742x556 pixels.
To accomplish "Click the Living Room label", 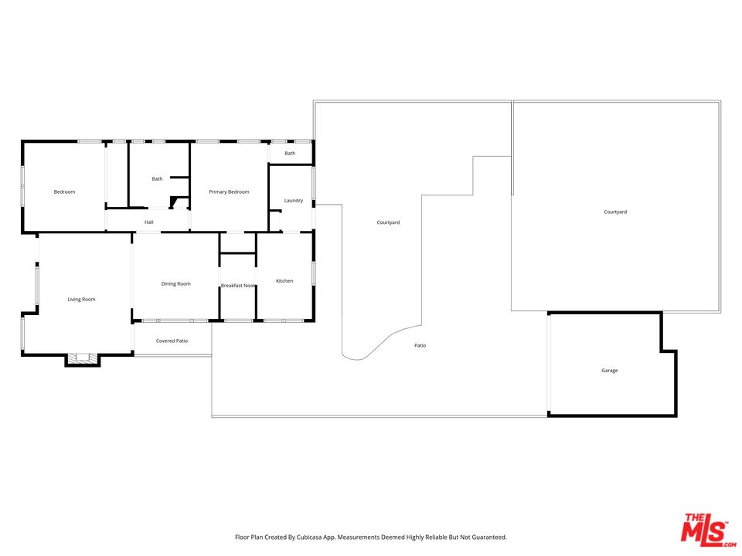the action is tap(81, 300).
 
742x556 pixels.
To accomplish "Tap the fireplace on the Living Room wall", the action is tap(83, 360).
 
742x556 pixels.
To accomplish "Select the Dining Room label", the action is tap(176, 283).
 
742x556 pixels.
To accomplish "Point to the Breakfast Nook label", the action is tap(238, 286).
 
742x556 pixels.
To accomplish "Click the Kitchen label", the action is tap(284, 281).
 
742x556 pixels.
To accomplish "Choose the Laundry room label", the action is tap(294, 201).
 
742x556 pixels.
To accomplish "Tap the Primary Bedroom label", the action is tap(229, 192).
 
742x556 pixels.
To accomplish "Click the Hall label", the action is tap(149, 222).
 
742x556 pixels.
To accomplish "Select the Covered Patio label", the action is tap(172, 341).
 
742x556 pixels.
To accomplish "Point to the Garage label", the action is tap(610, 371).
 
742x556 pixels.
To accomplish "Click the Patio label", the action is tap(420, 346).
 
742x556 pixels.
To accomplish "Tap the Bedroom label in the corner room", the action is tap(64, 192).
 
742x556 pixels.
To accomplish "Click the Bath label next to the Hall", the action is tap(157, 178).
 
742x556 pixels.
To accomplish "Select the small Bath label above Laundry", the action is tap(290, 153).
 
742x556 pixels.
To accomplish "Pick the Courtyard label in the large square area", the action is tap(615, 212).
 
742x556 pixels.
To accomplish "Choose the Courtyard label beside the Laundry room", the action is tap(388, 222).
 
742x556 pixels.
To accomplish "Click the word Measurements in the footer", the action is tap(355, 537).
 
